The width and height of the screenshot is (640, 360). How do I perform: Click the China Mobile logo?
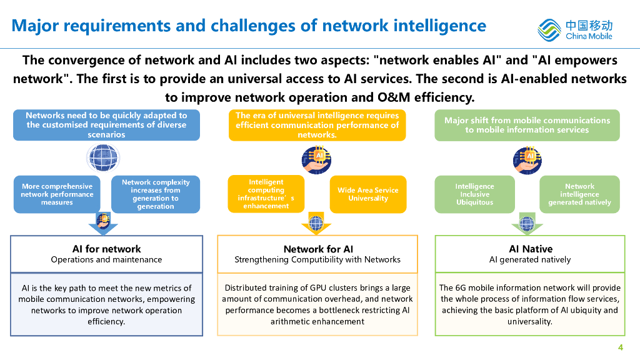(x=575, y=30)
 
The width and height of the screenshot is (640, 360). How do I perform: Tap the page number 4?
(x=621, y=347)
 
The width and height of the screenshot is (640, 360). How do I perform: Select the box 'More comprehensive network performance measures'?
(x=57, y=194)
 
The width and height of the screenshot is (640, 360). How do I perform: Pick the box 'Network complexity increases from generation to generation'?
(x=156, y=194)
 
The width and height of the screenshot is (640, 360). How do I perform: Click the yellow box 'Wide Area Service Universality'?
(x=368, y=194)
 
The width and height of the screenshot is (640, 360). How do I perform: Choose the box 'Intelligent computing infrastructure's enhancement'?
(x=266, y=194)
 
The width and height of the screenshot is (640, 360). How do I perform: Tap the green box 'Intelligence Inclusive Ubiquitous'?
(x=475, y=194)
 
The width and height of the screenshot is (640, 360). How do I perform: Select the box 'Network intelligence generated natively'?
(x=579, y=194)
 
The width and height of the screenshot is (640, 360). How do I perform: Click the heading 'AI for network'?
(x=106, y=249)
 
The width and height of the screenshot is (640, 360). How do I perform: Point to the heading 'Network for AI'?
(x=318, y=249)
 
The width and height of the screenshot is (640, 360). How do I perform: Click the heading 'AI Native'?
(x=531, y=249)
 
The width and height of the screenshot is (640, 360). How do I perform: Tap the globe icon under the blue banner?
(x=103, y=158)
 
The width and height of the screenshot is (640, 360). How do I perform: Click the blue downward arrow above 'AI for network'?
(x=103, y=224)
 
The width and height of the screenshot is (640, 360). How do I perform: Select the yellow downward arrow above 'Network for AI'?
(x=316, y=223)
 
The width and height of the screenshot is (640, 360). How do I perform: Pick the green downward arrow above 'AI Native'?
(x=527, y=223)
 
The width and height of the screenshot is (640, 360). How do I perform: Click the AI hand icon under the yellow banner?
(x=317, y=159)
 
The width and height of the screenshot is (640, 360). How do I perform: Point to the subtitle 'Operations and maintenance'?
(x=106, y=259)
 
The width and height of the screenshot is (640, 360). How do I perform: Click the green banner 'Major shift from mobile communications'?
(x=527, y=125)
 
